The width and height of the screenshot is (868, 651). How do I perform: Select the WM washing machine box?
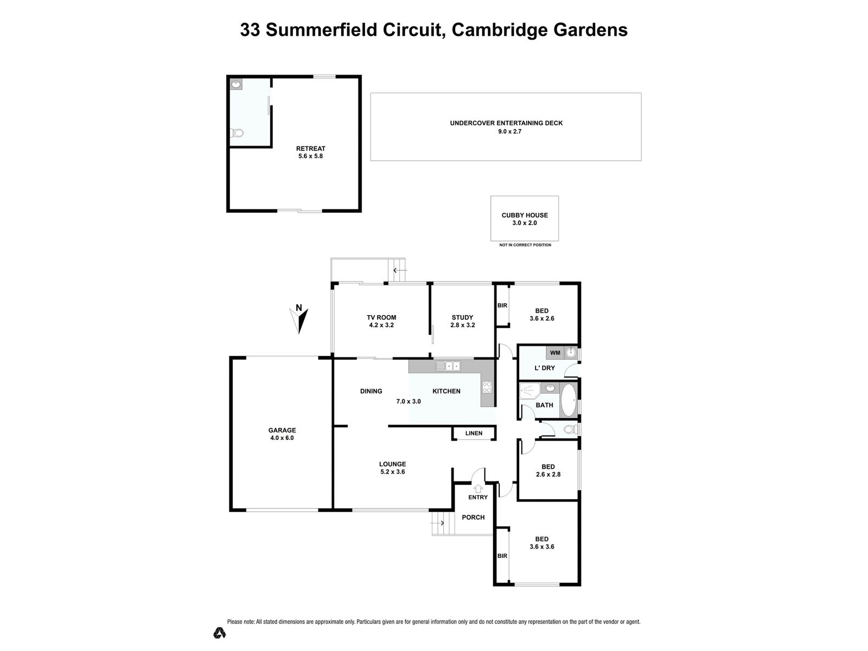[555, 353]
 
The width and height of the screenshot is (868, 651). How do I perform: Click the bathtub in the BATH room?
[569, 401]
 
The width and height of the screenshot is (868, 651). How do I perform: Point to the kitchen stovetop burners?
[487, 387]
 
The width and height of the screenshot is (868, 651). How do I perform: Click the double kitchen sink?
[448, 366]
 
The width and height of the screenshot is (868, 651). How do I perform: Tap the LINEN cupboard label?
[474, 433]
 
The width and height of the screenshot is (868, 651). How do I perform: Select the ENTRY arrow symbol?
[478, 488]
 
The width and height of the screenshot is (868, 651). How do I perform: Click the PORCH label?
[473, 517]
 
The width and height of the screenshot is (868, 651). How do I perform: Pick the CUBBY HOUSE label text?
[525, 215]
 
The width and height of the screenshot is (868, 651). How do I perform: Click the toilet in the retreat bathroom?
[237, 133]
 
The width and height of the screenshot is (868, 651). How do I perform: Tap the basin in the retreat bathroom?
[236, 85]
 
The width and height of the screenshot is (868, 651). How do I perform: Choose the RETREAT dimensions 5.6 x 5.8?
[310, 156]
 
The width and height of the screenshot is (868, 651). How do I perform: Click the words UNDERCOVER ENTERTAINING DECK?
[506, 123]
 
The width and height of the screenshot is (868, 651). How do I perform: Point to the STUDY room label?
[462, 317]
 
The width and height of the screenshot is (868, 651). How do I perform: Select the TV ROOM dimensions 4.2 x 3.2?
[381, 325]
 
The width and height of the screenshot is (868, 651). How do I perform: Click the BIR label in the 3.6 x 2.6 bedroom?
[502, 305]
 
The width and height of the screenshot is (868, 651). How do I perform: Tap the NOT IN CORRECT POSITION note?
[525, 245]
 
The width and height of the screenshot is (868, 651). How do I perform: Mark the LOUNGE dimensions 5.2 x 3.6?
[392, 472]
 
